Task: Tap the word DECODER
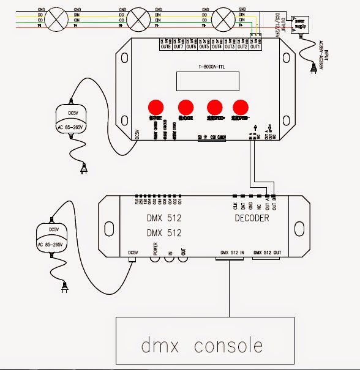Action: click(x=252, y=218)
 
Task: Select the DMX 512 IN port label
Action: click(x=230, y=252)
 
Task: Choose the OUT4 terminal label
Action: click(x=216, y=46)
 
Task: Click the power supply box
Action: click(x=302, y=23)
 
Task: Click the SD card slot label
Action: click(x=211, y=138)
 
